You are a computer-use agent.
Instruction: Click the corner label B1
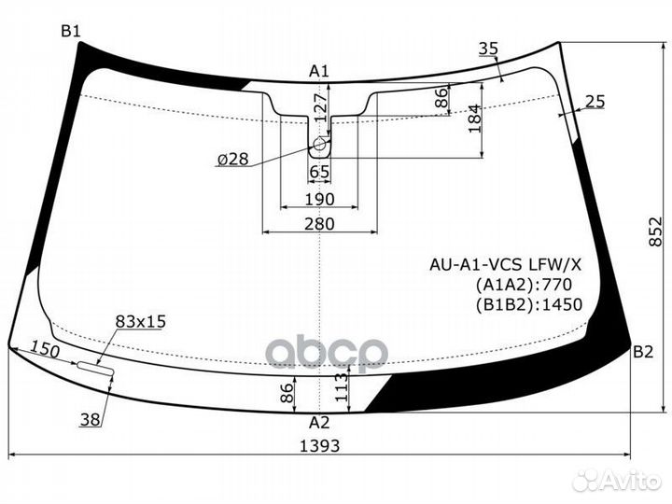[71, 31]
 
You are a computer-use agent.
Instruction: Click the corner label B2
[643, 352]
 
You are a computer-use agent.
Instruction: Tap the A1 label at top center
[319, 70]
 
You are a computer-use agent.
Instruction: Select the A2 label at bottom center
[319, 421]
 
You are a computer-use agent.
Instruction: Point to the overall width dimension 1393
[319, 445]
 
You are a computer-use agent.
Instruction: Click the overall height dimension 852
[658, 240]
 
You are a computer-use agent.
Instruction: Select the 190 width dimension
[319, 199]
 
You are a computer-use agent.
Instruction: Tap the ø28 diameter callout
[232, 160]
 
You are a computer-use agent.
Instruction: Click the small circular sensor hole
[320, 145]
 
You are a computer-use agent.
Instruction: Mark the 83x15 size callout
[140, 321]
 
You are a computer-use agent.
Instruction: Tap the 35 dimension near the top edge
[488, 49]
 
